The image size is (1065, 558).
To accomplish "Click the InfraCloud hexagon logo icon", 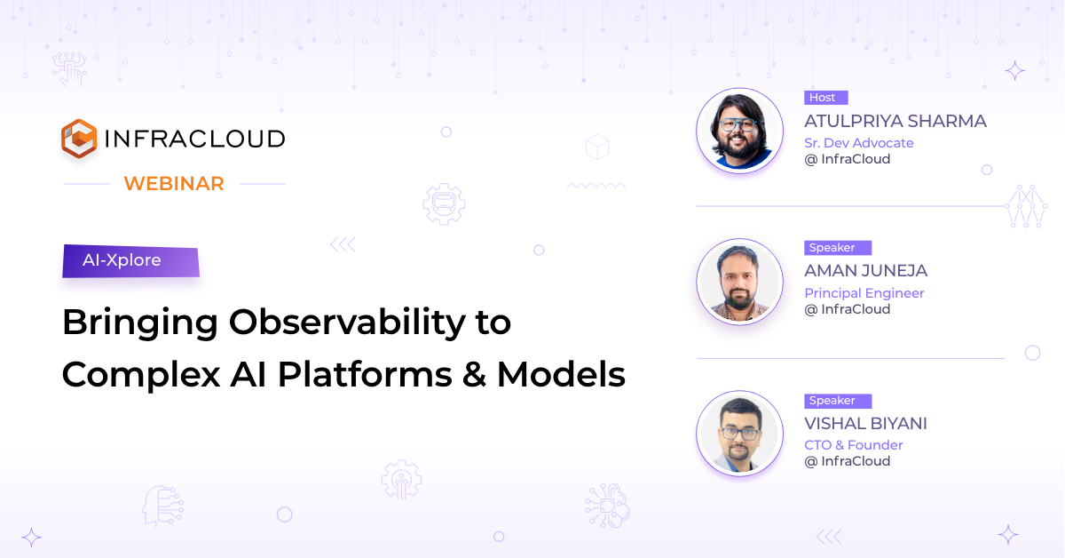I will (x=78, y=139).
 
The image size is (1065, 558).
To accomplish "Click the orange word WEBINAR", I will (x=174, y=184).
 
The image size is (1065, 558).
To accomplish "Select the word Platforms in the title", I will (x=363, y=374).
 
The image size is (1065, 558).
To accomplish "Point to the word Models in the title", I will (x=561, y=374).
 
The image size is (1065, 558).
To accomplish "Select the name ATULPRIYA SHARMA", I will (x=895, y=121).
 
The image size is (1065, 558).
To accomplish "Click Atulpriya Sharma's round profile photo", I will (x=739, y=131).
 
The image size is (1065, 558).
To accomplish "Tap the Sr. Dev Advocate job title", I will (x=858, y=143).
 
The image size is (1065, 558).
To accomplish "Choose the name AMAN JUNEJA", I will (x=865, y=271).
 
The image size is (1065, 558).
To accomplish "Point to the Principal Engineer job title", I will (x=864, y=293).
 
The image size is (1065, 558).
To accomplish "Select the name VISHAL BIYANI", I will (x=865, y=424).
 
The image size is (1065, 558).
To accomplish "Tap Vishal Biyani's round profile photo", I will (x=739, y=434).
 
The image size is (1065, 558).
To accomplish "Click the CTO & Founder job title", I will (x=853, y=445).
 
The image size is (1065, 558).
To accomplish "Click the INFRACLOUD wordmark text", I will (x=194, y=139).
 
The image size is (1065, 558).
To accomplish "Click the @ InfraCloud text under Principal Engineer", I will (x=847, y=309).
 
